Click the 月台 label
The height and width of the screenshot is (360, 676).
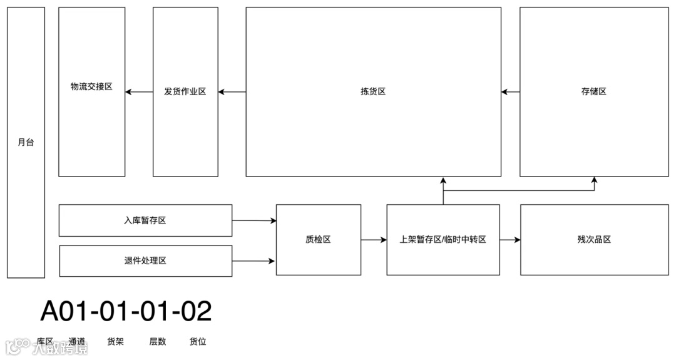26,142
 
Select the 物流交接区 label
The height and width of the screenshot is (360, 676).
91,87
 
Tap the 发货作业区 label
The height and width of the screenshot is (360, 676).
185,91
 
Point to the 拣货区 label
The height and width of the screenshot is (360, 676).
373,91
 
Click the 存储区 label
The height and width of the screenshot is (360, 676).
593,91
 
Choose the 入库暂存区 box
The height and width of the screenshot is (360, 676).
145,220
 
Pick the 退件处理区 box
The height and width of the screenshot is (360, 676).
145,260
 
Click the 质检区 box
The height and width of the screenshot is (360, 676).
318,239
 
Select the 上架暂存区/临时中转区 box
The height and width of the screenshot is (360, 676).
443,239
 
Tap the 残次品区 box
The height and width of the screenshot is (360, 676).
594,239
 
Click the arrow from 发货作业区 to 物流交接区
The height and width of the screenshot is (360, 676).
139,92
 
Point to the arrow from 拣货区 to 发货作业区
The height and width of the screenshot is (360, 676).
232,92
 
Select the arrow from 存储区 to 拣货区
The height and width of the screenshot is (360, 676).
510,92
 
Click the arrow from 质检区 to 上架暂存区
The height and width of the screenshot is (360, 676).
374,239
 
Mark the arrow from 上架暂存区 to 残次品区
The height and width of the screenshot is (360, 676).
510,239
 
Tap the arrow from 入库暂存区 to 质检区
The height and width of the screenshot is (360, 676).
254,220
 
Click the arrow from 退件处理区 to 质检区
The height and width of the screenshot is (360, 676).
254,260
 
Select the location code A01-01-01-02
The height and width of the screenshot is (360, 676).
126,311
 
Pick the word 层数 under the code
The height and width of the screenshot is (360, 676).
158,342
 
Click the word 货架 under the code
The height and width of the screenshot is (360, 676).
115,342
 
